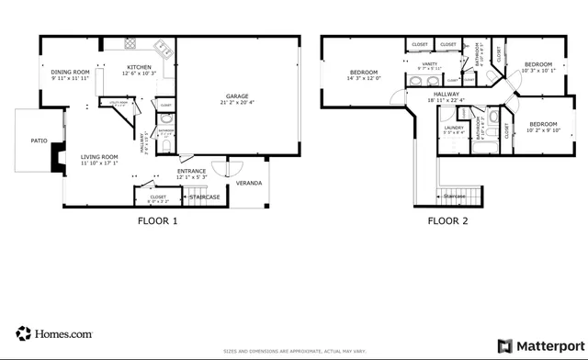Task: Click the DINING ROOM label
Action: pos(70,72)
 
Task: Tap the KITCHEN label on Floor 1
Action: pos(139,67)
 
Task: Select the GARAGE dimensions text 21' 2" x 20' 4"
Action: pos(238,103)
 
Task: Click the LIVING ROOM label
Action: pos(98,157)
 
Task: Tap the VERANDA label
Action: pos(249,184)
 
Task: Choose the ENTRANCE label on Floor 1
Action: pos(192,171)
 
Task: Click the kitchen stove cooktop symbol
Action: pos(130,44)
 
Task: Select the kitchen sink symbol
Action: pos(162,48)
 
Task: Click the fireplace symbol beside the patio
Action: pos(57,162)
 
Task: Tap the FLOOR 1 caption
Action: pos(158,220)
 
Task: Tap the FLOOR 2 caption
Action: pos(447,220)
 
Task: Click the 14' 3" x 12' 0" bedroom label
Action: pos(363,73)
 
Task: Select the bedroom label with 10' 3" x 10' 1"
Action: pos(537,64)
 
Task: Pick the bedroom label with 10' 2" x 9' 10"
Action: pos(542,124)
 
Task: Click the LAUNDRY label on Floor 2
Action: pos(453,128)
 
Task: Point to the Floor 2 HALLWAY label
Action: pos(447,94)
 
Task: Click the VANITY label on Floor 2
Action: pos(429,63)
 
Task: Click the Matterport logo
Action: pos(537,346)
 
